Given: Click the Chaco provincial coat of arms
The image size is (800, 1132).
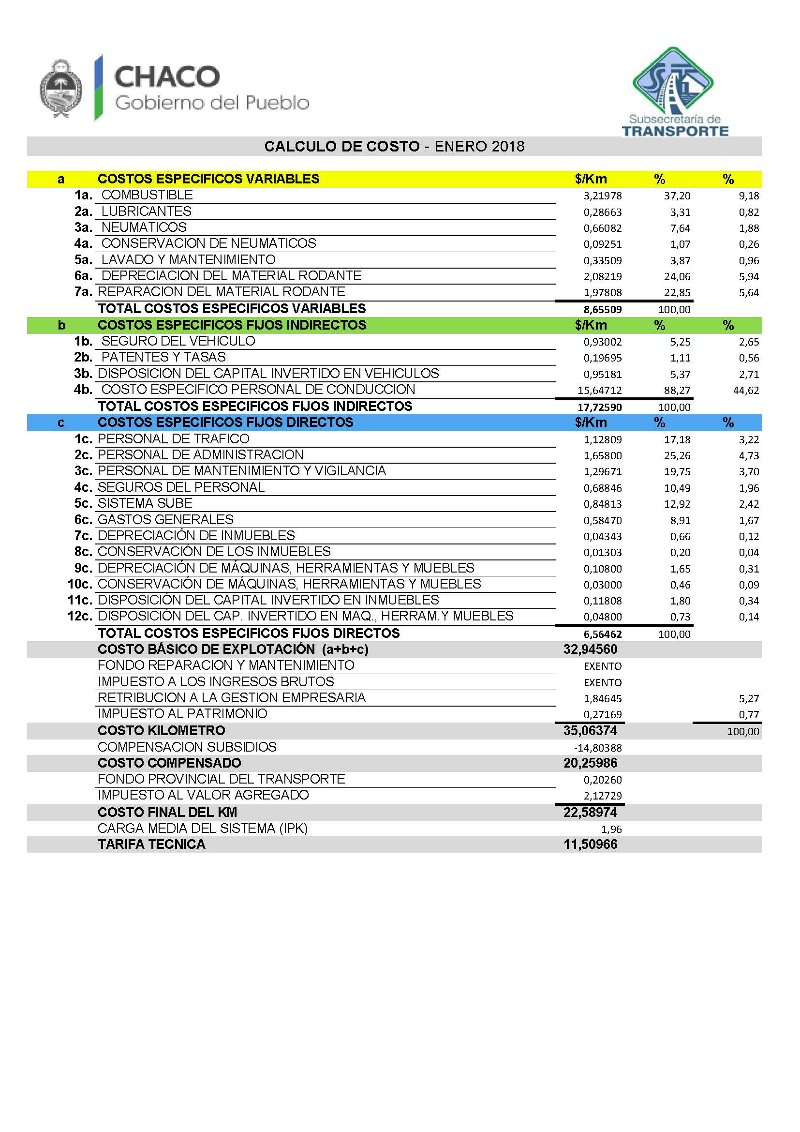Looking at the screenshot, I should pos(60,89).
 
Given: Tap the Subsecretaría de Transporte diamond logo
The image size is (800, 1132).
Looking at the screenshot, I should pos(673,81).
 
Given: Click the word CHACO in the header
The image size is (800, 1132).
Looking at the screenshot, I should pos(167,77).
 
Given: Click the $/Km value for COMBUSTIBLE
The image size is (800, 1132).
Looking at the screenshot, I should pos(603,196).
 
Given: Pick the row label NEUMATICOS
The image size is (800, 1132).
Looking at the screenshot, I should pos(144,227).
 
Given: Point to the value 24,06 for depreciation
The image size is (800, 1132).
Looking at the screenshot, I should pos(677,277).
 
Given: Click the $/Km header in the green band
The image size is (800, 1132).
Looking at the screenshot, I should pos(591,325).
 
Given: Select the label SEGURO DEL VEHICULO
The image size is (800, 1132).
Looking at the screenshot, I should pos(178,341).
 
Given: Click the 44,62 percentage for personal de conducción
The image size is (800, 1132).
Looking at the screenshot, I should pos(746,391).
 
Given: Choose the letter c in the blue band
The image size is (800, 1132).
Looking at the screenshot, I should pos(61,423).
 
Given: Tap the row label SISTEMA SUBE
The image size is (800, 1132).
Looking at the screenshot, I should pos(145,503).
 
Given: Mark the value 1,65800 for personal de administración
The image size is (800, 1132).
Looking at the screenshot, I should pos(603,455).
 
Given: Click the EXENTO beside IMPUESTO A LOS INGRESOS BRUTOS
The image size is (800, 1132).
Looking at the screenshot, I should pos(603,682).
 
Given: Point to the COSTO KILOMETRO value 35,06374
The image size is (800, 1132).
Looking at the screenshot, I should pos(590,730).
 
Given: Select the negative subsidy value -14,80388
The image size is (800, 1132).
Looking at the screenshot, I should pos(597,748).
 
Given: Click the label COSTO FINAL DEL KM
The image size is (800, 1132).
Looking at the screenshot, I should pos(167,812).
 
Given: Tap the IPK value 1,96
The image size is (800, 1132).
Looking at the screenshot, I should pos(611,830).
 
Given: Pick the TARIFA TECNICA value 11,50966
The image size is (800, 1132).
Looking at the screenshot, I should pos(590,845).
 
